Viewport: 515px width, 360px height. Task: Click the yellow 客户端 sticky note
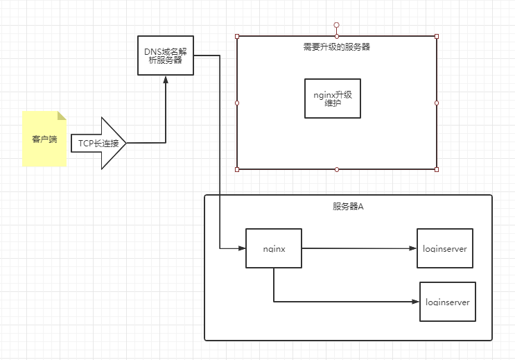pyautogui.click(x=44, y=139)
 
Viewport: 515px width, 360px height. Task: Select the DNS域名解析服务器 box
pyautogui.click(x=165, y=55)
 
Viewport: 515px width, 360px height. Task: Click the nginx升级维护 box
pyautogui.click(x=333, y=98)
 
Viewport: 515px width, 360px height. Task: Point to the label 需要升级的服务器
pyautogui.click(x=336, y=47)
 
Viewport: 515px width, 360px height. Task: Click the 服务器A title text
pyautogui.click(x=348, y=207)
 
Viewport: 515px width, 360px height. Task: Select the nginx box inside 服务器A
pyautogui.click(x=274, y=248)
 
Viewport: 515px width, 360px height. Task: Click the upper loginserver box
pyautogui.click(x=444, y=248)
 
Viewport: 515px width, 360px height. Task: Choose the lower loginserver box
pyautogui.click(x=448, y=302)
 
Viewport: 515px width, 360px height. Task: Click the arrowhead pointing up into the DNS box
pyautogui.click(x=166, y=80)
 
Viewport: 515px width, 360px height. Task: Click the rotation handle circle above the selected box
pyautogui.click(x=337, y=25)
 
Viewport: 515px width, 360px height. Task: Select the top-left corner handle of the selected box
pyautogui.click(x=237, y=36)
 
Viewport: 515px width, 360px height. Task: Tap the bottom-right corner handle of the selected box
pyautogui.click(x=437, y=169)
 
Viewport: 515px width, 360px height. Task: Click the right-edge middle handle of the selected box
pyautogui.click(x=437, y=103)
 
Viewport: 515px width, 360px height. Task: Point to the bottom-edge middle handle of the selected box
pyautogui.click(x=337, y=169)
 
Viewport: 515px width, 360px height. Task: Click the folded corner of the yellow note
pyautogui.click(x=61, y=116)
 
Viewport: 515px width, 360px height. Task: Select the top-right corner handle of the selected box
pyautogui.click(x=437, y=36)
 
